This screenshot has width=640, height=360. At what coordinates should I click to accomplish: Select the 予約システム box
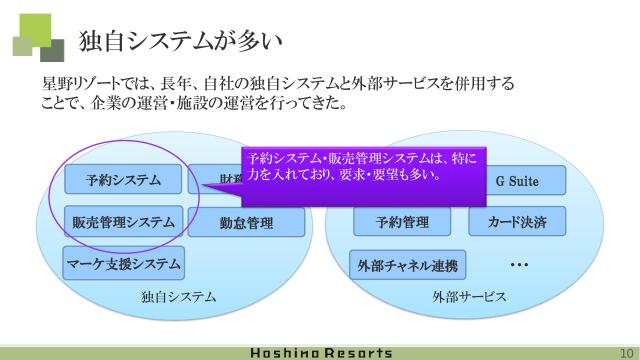click(x=124, y=181)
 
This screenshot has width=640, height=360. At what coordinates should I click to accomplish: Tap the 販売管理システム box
click(x=124, y=222)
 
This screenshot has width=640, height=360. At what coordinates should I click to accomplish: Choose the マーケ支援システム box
click(x=124, y=264)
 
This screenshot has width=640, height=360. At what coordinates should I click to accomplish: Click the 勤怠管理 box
click(x=246, y=223)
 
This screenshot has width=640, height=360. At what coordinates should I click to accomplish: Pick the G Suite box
click(x=517, y=181)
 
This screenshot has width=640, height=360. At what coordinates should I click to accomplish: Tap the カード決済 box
click(x=517, y=222)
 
